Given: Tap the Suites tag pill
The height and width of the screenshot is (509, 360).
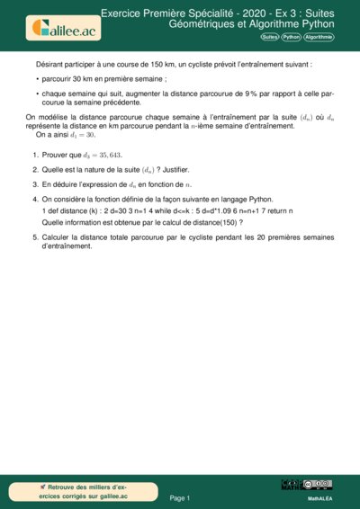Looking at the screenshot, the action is tap(269, 37).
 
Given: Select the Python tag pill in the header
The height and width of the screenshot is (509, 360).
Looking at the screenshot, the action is tap(291, 37).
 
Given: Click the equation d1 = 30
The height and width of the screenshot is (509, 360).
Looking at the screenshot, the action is tap(109, 135).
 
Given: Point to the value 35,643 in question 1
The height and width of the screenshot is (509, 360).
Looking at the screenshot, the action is tap(131, 155).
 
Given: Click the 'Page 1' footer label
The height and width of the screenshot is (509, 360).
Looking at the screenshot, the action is tap(180, 497).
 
